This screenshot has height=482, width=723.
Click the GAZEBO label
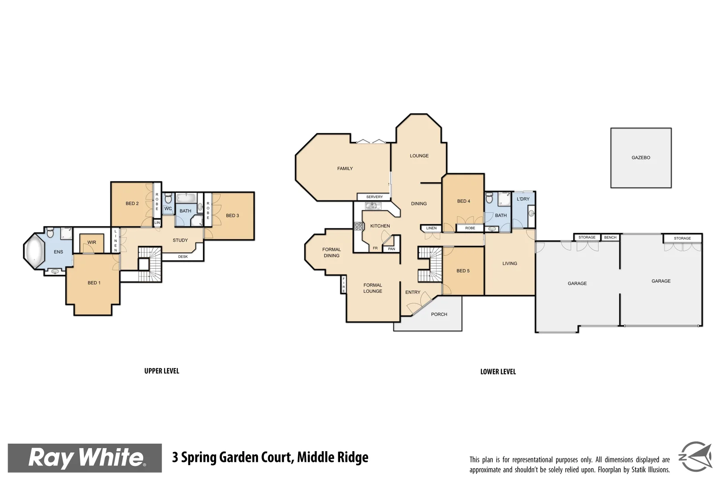(x=641, y=158)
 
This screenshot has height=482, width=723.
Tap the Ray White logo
(x=85, y=458)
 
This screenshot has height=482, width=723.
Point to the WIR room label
(x=91, y=242)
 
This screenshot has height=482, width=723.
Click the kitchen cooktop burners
(x=359, y=226)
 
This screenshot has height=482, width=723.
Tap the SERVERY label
(x=374, y=197)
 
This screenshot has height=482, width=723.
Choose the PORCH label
(x=439, y=314)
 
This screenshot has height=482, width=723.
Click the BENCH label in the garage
(x=610, y=237)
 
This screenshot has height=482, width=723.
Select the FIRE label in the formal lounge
(x=344, y=285)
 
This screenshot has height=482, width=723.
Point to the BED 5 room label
(x=463, y=271)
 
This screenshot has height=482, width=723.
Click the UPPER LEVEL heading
(x=162, y=371)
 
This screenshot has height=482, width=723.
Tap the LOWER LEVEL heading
(x=498, y=371)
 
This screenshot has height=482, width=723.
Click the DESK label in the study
(x=183, y=257)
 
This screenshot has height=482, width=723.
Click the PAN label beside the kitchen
(x=391, y=249)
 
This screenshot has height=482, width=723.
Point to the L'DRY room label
(x=523, y=199)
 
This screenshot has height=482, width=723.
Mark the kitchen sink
(x=371, y=206)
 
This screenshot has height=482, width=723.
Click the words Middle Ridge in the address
(x=332, y=457)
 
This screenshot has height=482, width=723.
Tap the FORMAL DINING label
(x=332, y=253)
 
